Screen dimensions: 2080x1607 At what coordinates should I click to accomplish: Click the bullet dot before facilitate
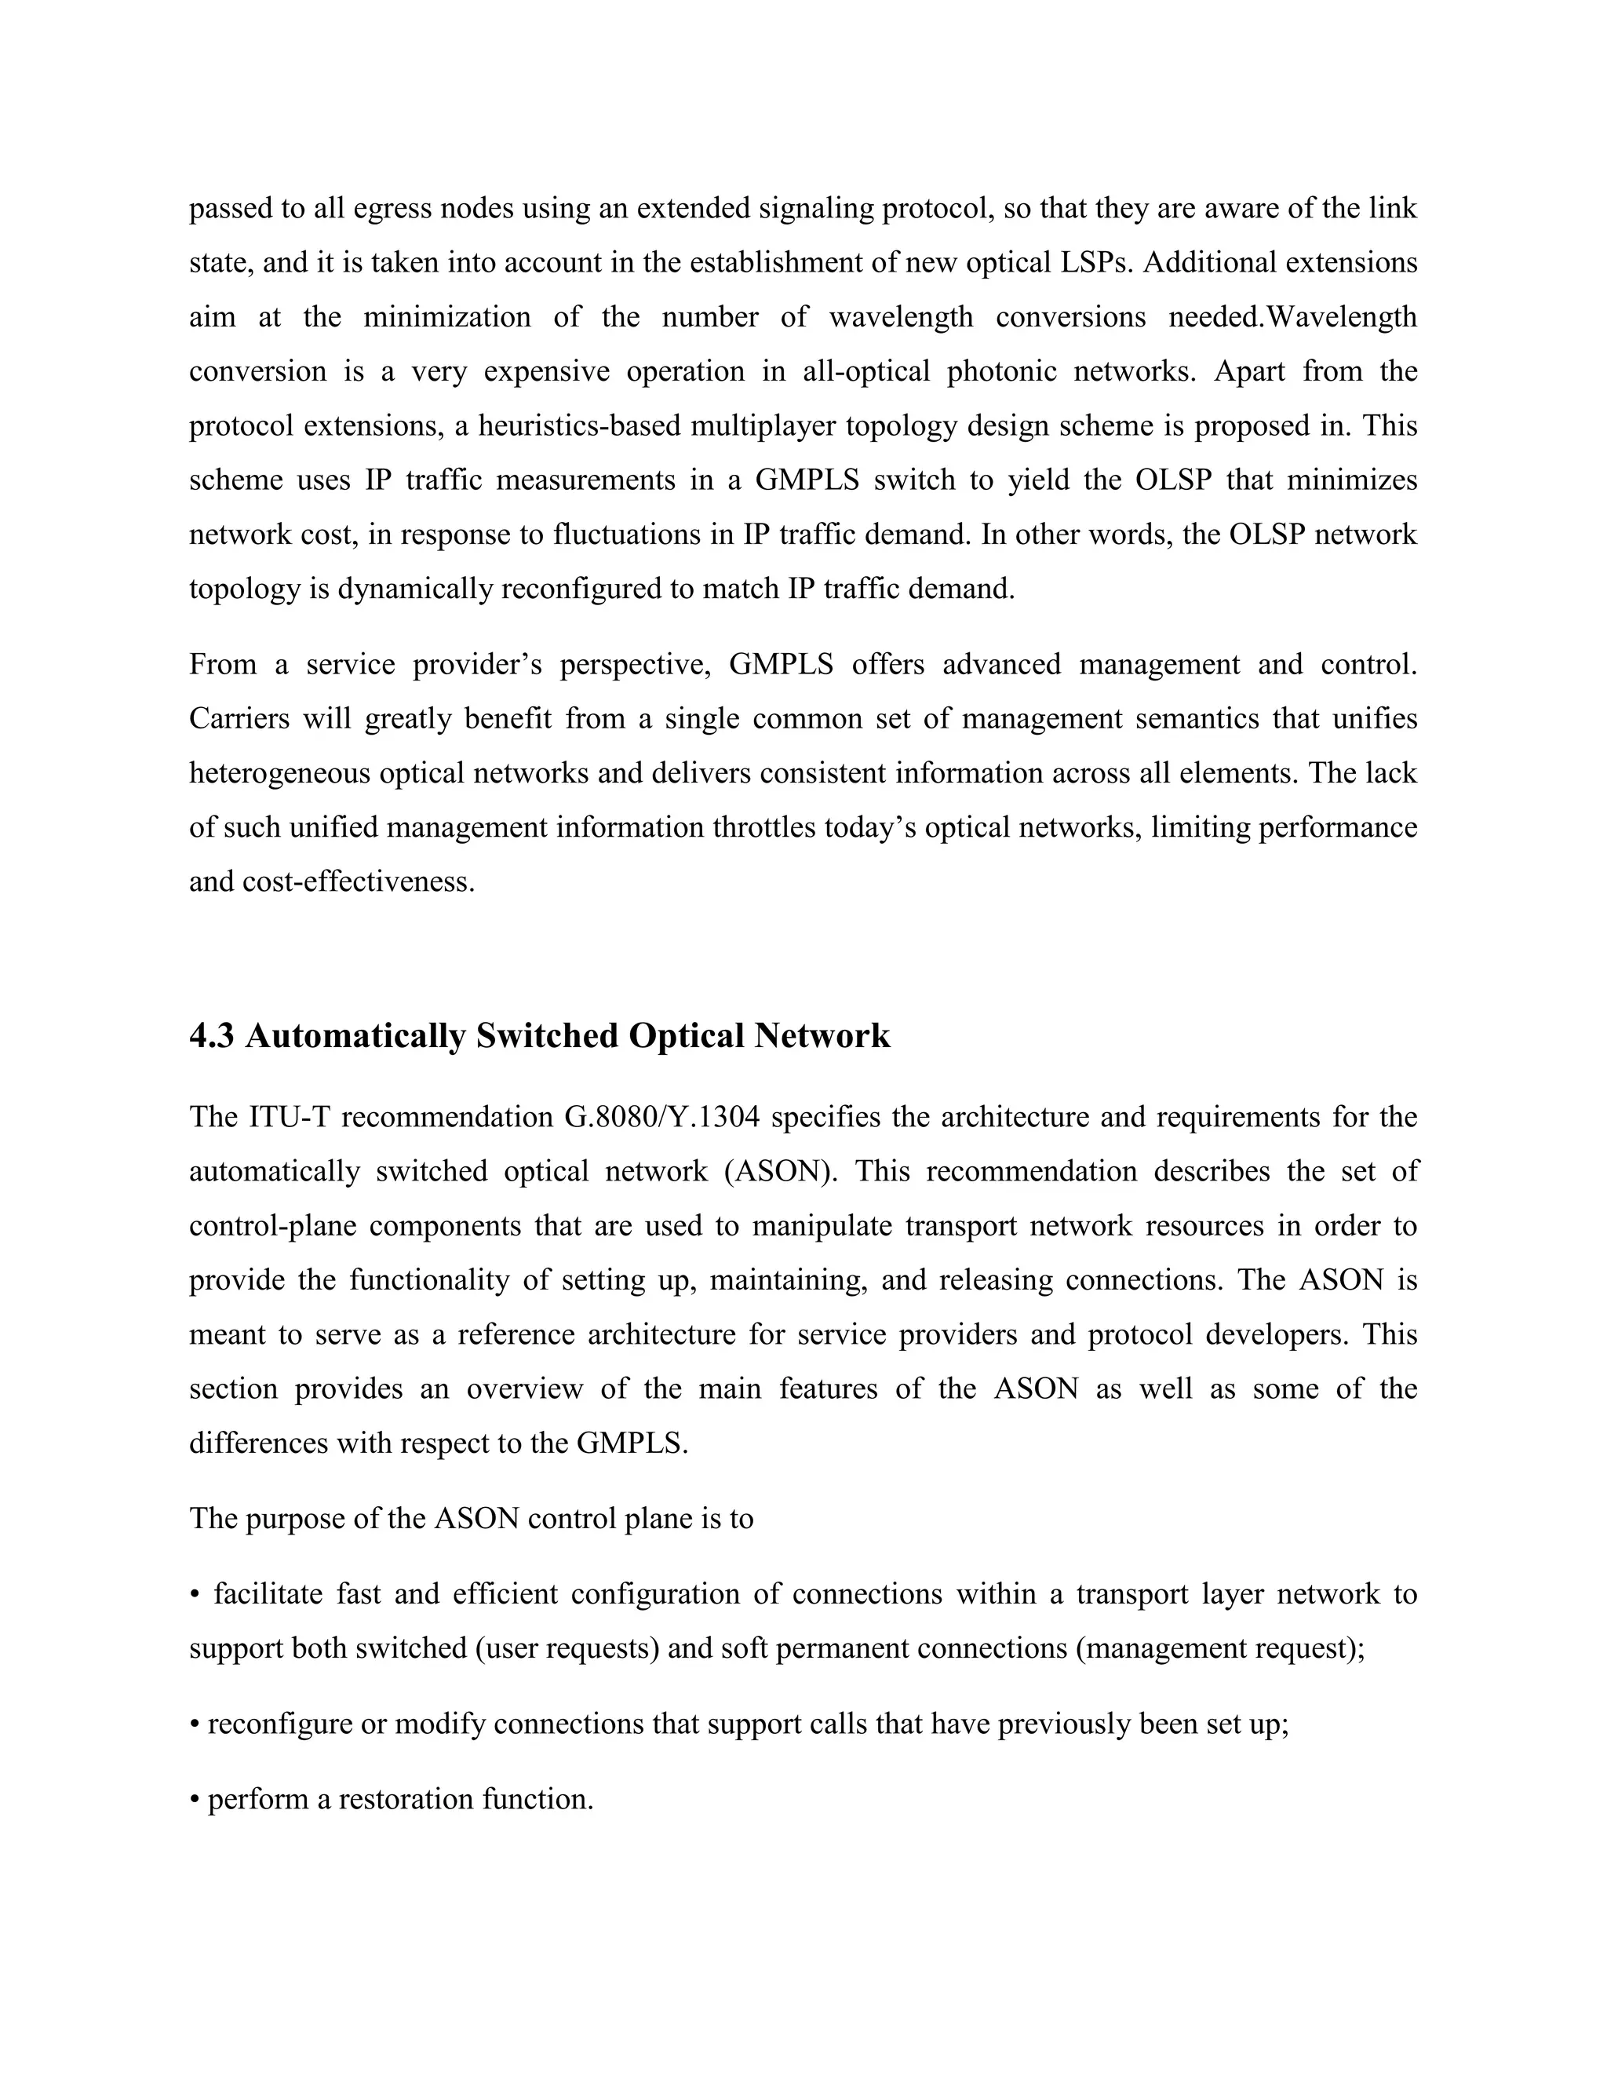pyautogui.click(x=195, y=1595)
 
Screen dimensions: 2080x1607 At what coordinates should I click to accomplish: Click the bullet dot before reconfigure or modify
pyautogui.click(x=195, y=1724)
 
